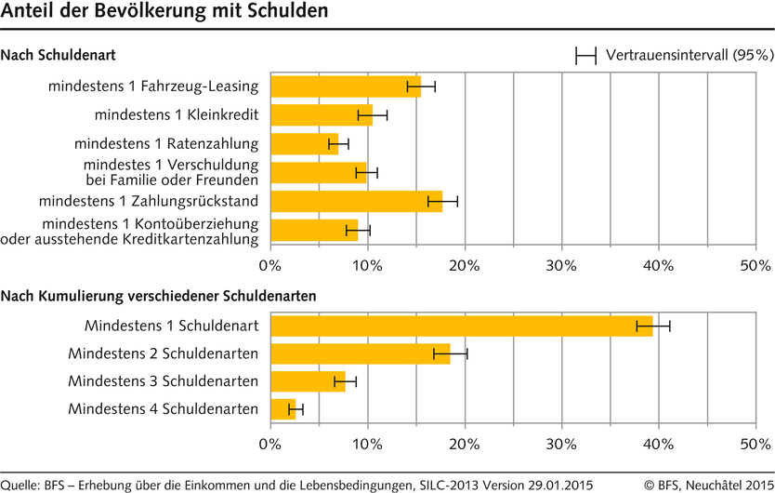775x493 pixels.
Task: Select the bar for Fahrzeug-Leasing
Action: pyautogui.click(x=345, y=87)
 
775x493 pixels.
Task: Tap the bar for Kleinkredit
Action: pyautogui.click(x=321, y=115)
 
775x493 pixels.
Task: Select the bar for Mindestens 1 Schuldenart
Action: pyautogui.click(x=461, y=326)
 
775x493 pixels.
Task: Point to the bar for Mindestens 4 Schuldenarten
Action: pyautogui.click(x=282, y=409)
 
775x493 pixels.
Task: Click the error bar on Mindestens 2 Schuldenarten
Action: pyautogui.click(x=451, y=353)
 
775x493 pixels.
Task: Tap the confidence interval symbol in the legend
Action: pyautogui.click(x=585, y=57)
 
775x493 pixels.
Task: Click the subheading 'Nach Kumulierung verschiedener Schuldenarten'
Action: pyautogui.click(x=159, y=296)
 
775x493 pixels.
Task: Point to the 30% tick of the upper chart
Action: pyautogui.click(x=561, y=266)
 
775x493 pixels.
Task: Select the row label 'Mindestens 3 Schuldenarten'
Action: pyautogui.click(x=164, y=381)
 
